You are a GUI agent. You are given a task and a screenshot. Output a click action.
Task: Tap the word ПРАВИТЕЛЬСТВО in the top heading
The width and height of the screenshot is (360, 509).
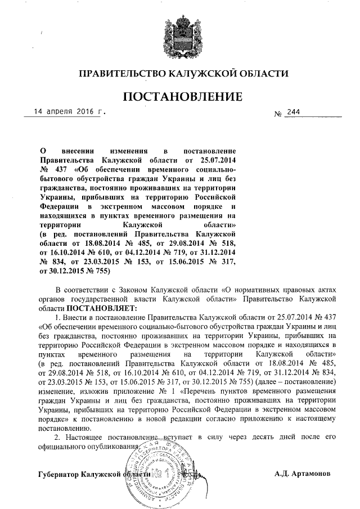(x=119, y=74)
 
